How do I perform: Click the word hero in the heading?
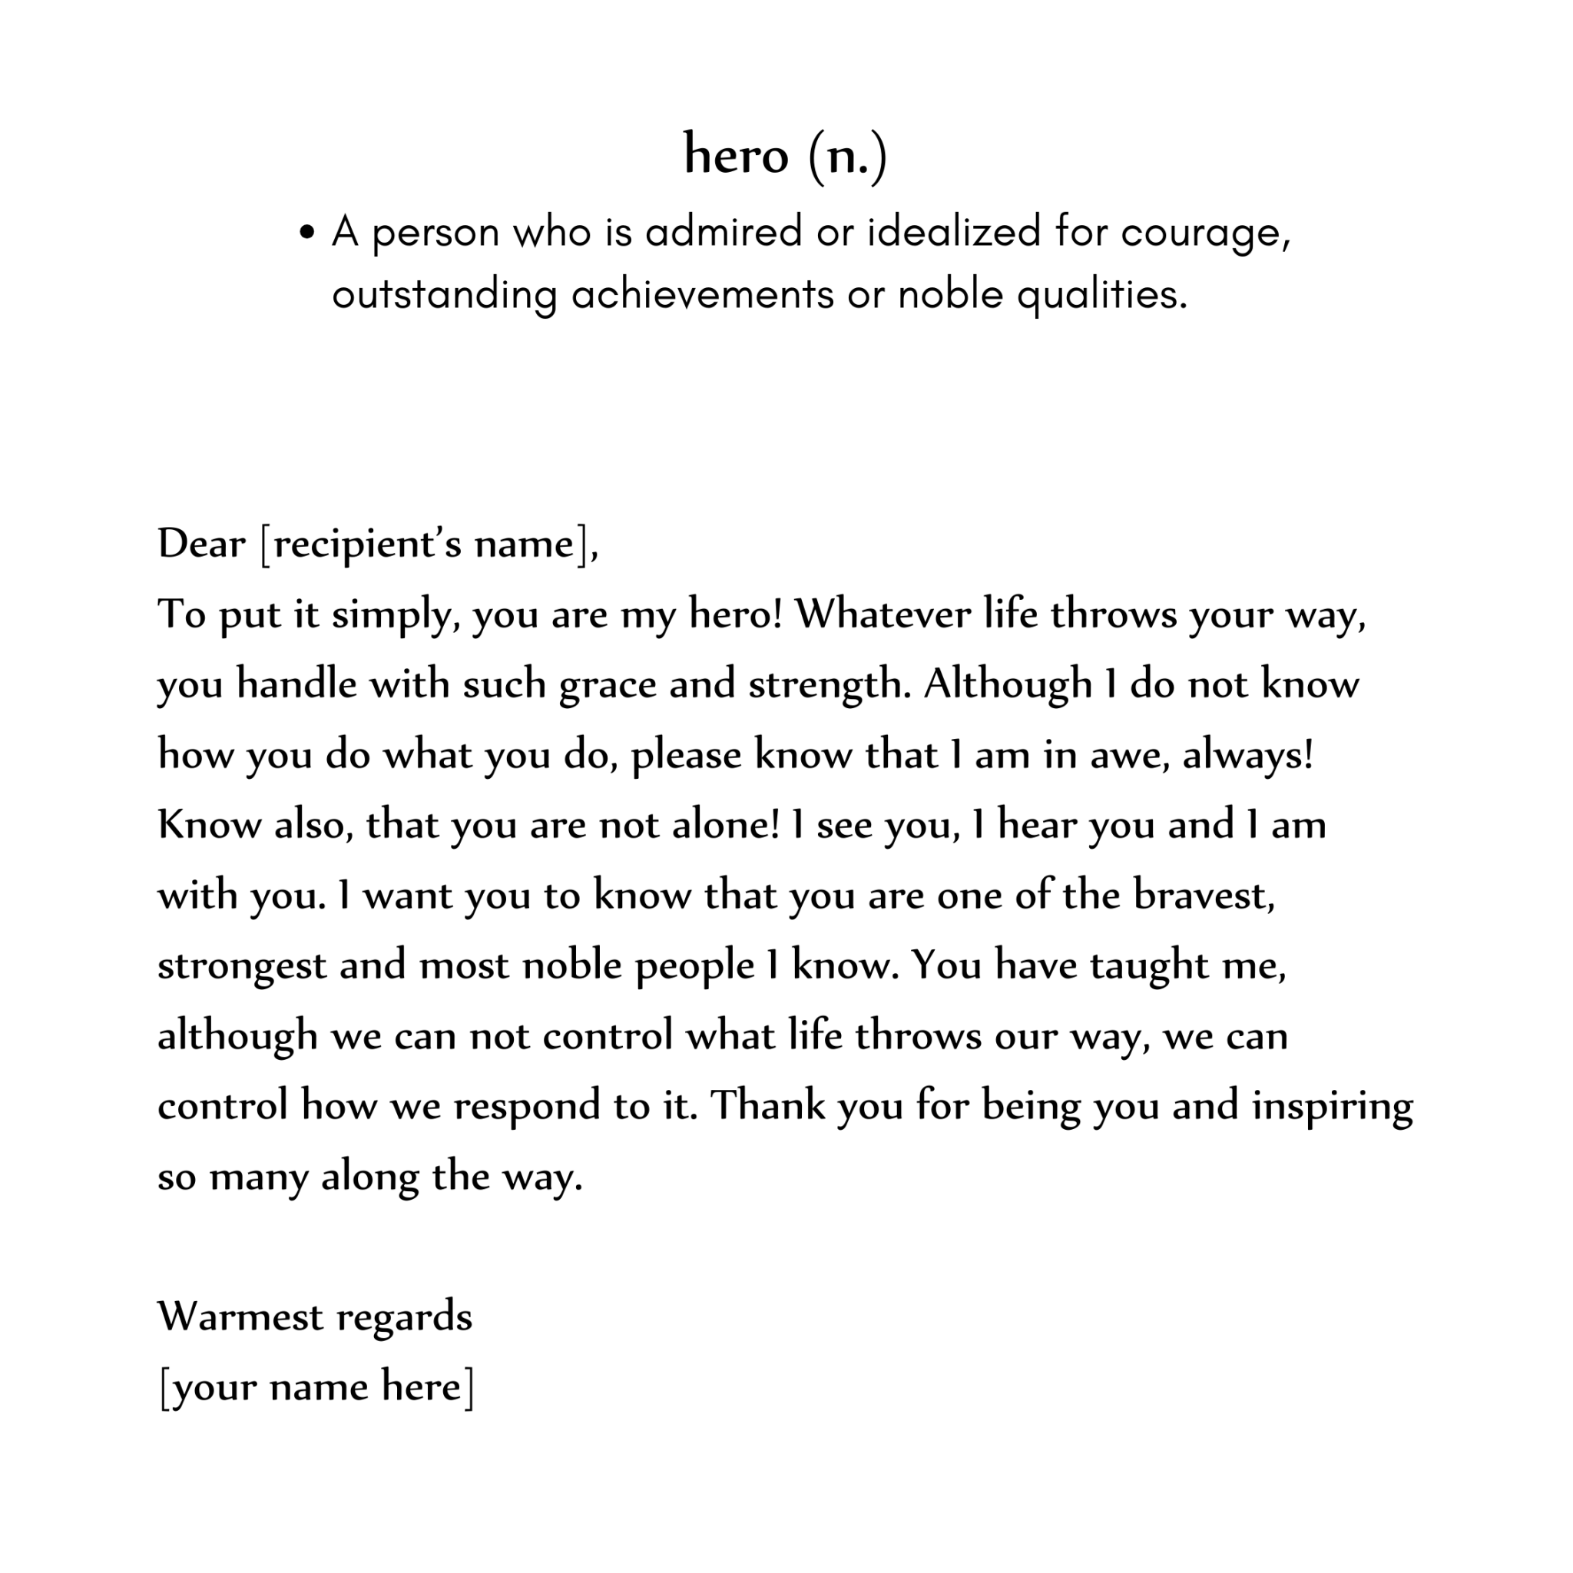pos(735,154)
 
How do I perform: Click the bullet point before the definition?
pos(307,233)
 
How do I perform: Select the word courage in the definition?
pos(1205,233)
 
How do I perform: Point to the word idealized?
pos(953,231)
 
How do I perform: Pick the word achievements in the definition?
pos(702,294)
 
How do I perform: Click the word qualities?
pos(1101,294)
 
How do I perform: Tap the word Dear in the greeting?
pos(201,543)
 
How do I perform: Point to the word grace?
pos(608,684)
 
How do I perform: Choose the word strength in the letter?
pos(829,684)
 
